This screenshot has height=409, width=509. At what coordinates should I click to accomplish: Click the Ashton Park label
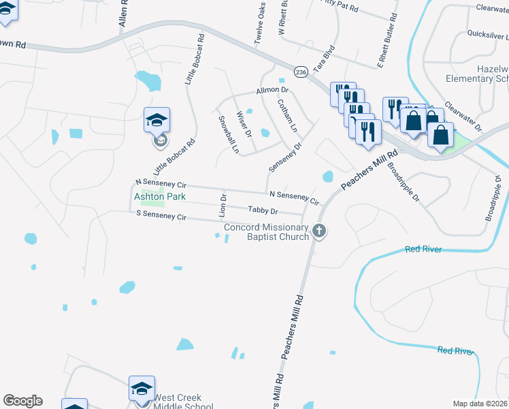[160, 196]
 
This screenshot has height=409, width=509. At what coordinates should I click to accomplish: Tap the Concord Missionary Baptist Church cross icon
[319, 232]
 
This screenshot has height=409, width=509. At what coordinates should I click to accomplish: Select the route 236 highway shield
[300, 71]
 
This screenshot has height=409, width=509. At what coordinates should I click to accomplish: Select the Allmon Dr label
[272, 90]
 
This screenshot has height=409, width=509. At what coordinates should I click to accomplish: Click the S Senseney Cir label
[161, 215]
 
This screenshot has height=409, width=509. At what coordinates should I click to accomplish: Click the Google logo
[22, 401]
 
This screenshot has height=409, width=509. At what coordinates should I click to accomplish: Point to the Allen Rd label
[123, 13]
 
